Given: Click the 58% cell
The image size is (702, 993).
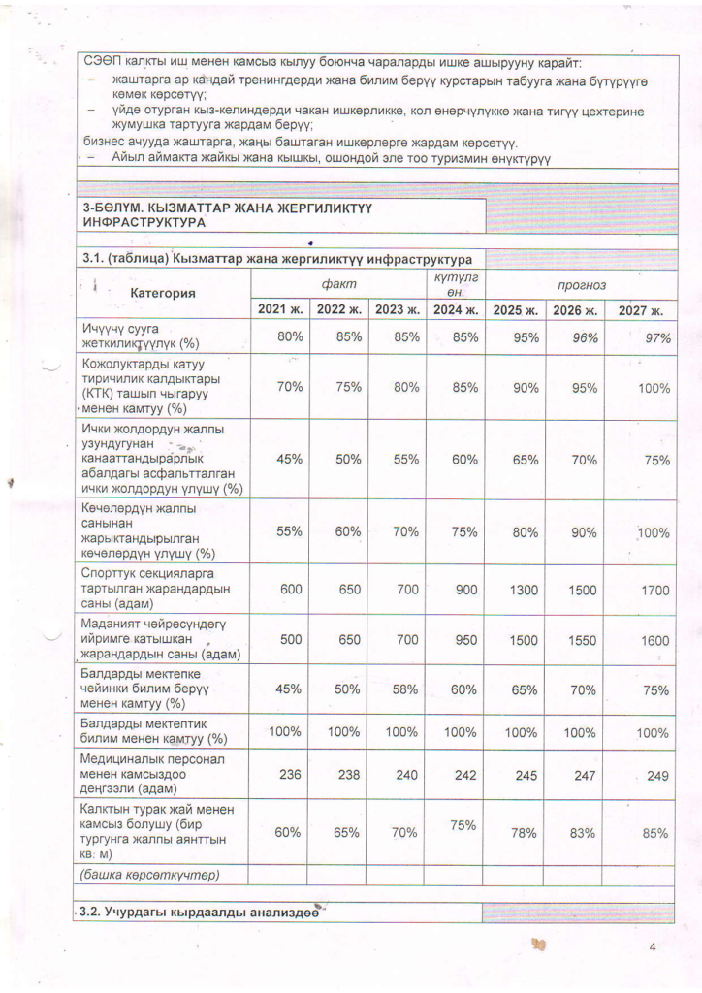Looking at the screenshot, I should (x=400, y=690).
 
